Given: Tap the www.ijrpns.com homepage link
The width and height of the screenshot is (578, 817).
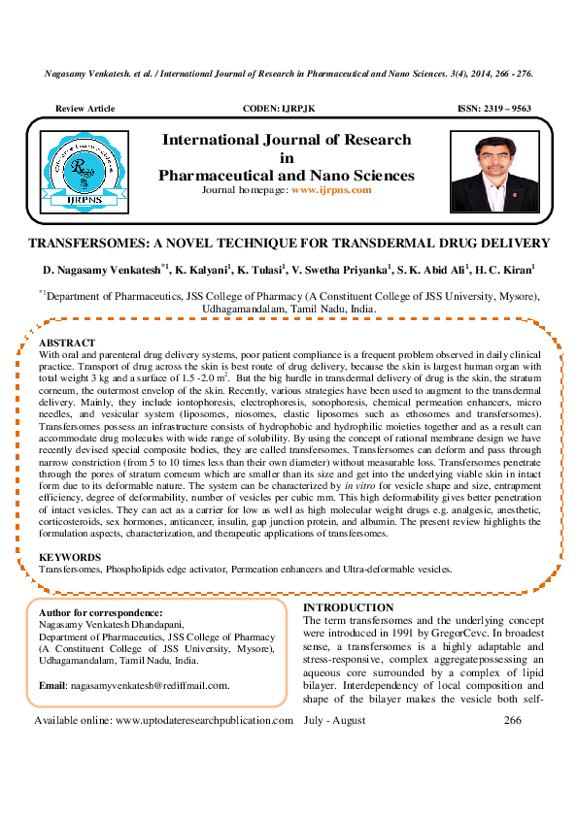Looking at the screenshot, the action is pyautogui.click(x=331, y=190).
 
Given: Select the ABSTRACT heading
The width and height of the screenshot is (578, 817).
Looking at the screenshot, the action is pyautogui.click(x=67, y=343).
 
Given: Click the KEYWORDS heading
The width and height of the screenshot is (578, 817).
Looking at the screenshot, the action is pyautogui.click(x=69, y=557).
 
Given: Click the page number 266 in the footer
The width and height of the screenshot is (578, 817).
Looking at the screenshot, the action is pyautogui.click(x=513, y=720).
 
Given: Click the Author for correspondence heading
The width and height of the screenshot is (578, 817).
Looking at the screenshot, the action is pyautogui.click(x=100, y=613).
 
